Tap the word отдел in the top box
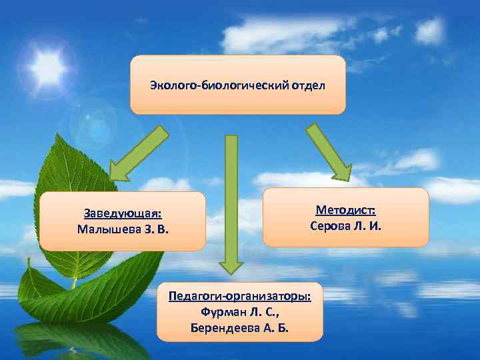309,86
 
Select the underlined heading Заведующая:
123,214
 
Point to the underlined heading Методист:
346,211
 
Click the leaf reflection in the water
80,337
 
